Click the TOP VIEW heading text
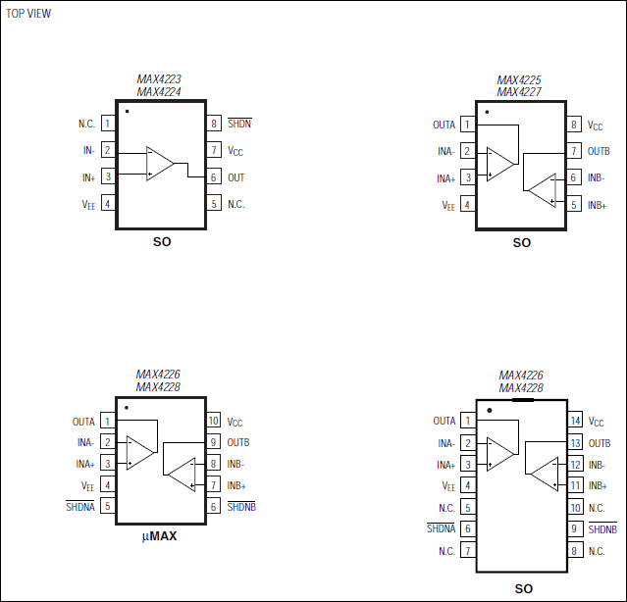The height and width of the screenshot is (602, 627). (28, 14)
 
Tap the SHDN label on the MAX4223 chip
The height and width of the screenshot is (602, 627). (238, 125)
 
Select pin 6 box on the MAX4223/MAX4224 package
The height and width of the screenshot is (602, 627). (213, 177)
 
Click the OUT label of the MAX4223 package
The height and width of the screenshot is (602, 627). (236, 177)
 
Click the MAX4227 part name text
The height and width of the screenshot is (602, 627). (520, 92)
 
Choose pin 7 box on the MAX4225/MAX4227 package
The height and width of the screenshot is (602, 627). (574, 151)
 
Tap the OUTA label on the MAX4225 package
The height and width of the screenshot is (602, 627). (444, 125)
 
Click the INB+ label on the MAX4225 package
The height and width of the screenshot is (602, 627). (597, 205)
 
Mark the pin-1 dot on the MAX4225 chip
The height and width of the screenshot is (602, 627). (488, 112)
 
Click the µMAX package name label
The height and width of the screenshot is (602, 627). (160, 536)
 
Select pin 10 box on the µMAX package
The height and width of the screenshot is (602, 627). (213, 422)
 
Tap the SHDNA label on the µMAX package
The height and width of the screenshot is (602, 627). (80, 507)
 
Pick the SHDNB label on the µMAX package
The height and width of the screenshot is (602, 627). (241, 507)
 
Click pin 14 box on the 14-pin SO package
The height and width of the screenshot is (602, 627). (576, 421)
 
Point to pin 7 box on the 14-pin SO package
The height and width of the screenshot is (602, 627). (468, 550)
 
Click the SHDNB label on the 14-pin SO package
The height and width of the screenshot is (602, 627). (602, 528)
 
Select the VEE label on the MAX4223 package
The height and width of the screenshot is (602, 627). (88, 204)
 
